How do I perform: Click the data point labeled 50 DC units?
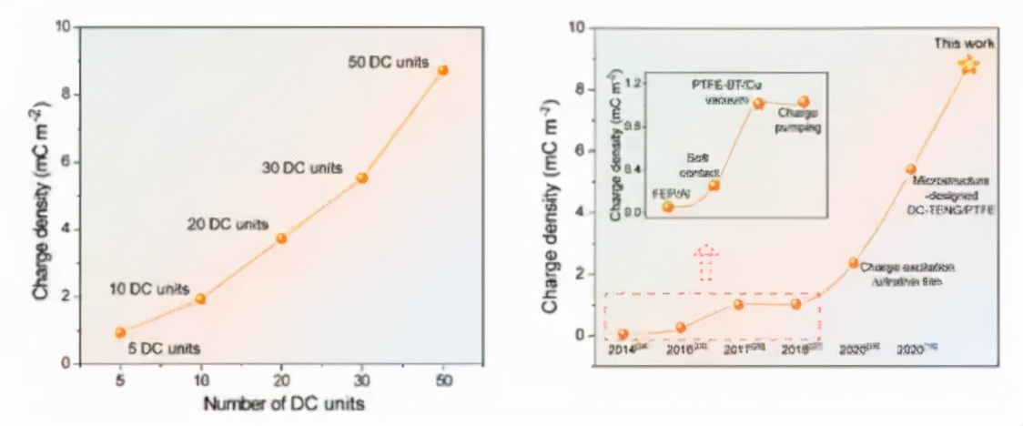pos(442,70)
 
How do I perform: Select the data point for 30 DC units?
pos(361,177)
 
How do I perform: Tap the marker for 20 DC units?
pos(281,238)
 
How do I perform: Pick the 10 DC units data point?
pos(200,299)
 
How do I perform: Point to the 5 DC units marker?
pos(120,332)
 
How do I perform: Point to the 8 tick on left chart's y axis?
pos(63,95)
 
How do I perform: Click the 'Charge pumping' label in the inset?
pos(798,121)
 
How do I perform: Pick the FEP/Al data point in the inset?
pos(668,207)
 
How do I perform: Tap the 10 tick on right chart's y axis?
pos(575,27)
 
